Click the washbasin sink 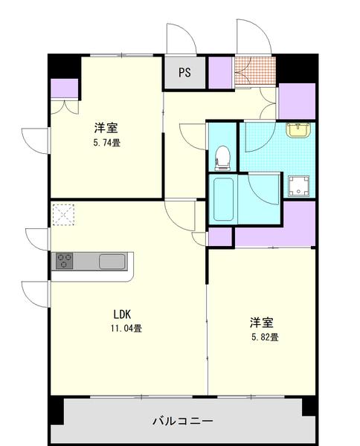point(298,131)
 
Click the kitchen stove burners point(65,262)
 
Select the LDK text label point(122,314)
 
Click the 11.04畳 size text point(126,327)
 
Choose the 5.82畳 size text point(263,337)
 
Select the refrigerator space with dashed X point(64,216)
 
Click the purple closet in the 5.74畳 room point(64,88)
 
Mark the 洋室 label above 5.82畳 point(262,323)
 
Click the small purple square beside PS point(219,72)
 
